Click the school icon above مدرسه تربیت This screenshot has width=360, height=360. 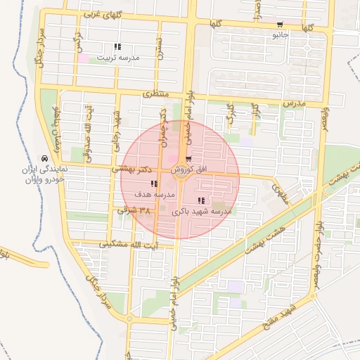click(117, 46)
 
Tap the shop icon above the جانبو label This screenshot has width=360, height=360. click(281, 25)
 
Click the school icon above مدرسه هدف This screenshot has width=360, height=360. click(154, 184)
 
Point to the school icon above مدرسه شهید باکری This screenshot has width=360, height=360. click(202, 201)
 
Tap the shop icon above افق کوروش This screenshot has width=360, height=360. click(188, 160)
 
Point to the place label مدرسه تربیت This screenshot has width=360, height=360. click(117, 57)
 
